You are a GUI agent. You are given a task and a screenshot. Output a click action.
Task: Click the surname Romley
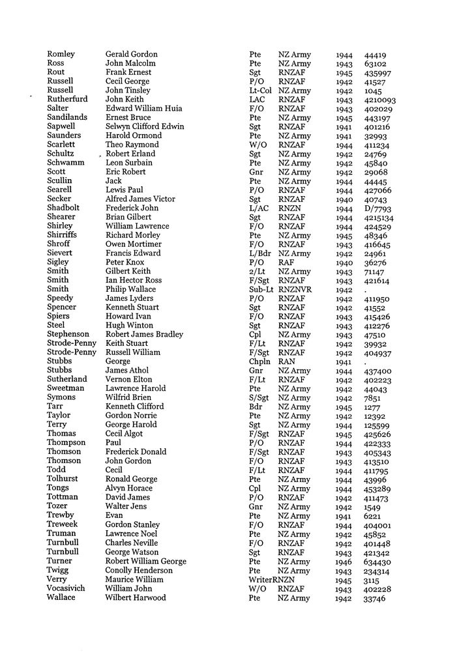pyautogui.click(x=61, y=54)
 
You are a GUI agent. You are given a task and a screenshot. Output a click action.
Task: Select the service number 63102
pyautogui.click(x=375, y=64)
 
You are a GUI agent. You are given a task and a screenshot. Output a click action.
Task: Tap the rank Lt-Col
pyautogui.click(x=260, y=91)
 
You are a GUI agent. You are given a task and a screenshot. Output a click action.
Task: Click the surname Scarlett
pyautogui.click(x=62, y=145)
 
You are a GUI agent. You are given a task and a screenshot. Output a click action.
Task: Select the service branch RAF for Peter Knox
pyautogui.click(x=287, y=263)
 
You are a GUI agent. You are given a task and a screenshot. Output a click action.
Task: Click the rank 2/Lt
pyautogui.click(x=257, y=272)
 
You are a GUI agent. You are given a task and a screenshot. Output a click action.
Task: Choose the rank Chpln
pyautogui.click(x=259, y=362)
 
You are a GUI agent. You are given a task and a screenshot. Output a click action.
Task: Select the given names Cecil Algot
pyautogui.click(x=124, y=434)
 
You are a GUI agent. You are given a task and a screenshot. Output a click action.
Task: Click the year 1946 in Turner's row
pyautogui.click(x=344, y=561)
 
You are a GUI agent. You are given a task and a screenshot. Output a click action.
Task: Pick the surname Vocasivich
pyautogui.click(x=68, y=589)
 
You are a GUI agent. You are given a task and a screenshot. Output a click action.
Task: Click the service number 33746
pyautogui.click(x=375, y=599)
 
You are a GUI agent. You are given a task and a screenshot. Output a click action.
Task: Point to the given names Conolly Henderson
pyautogui.click(x=138, y=571)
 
